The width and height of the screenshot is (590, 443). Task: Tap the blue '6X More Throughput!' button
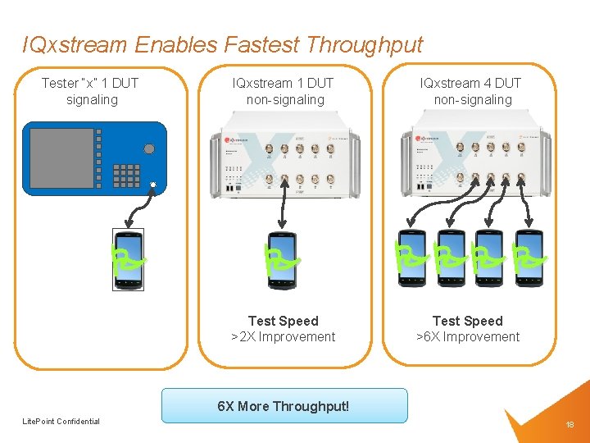(284, 405)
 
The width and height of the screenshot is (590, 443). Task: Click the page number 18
(570, 425)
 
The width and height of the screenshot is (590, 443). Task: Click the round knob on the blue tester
(148, 148)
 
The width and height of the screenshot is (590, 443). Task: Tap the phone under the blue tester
(127, 259)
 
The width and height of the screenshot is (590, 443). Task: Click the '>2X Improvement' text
(283, 337)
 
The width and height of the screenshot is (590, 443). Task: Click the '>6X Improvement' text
(468, 337)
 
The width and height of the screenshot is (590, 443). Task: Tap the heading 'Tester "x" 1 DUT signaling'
(91, 91)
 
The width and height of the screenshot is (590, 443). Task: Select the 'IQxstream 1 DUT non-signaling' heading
(284, 91)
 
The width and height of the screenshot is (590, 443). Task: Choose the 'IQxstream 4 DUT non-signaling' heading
(470, 91)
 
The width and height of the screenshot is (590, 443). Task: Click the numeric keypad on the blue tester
(126, 175)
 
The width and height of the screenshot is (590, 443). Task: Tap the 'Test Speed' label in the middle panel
(283, 321)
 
